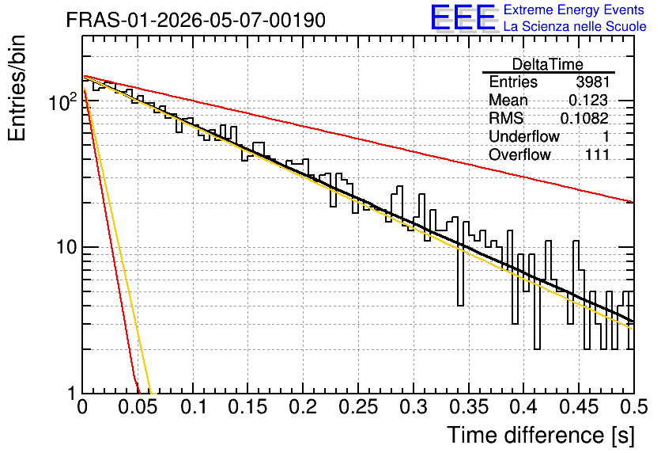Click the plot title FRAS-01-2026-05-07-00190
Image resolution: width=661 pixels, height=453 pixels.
pyautogui.click(x=195, y=20)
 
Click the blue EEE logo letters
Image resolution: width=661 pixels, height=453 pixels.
pyautogui.click(x=463, y=17)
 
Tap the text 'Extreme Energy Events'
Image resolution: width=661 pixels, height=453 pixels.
pyautogui.click(x=574, y=10)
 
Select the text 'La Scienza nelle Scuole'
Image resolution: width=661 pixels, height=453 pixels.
pyautogui.click(x=575, y=26)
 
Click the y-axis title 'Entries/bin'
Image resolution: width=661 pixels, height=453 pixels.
pyautogui.click(x=17, y=88)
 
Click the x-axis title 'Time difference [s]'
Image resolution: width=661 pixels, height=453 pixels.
pyautogui.click(x=541, y=436)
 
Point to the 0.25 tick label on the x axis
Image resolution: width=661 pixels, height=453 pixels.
pyautogui.click(x=358, y=407)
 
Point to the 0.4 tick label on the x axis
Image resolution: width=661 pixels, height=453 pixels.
pyautogui.click(x=523, y=407)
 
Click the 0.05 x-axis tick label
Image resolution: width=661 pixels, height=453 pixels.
pyautogui.click(x=138, y=407)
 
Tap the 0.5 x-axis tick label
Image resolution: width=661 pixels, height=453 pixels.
pyautogui.click(x=633, y=407)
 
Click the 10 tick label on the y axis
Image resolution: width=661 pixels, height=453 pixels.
pyautogui.click(x=66, y=247)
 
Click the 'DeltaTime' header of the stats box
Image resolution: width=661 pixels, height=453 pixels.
pyautogui.click(x=548, y=64)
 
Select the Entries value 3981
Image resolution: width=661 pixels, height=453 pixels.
pyautogui.click(x=593, y=82)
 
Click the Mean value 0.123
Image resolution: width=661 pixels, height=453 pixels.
pyautogui.click(x=588, y=100)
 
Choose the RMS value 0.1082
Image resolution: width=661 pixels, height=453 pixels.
pyautogui.click(x=584, y=118)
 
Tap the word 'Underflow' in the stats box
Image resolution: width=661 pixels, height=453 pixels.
pyautogui.click(x=524, y=136)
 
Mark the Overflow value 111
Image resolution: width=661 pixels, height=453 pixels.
pyautogui.click(x=597, y=154)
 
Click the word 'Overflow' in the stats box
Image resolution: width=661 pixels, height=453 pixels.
pyautogui.click(x=519, y=154)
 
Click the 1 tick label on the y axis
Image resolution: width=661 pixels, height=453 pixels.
pyautogui.click(x=72, y=393)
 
